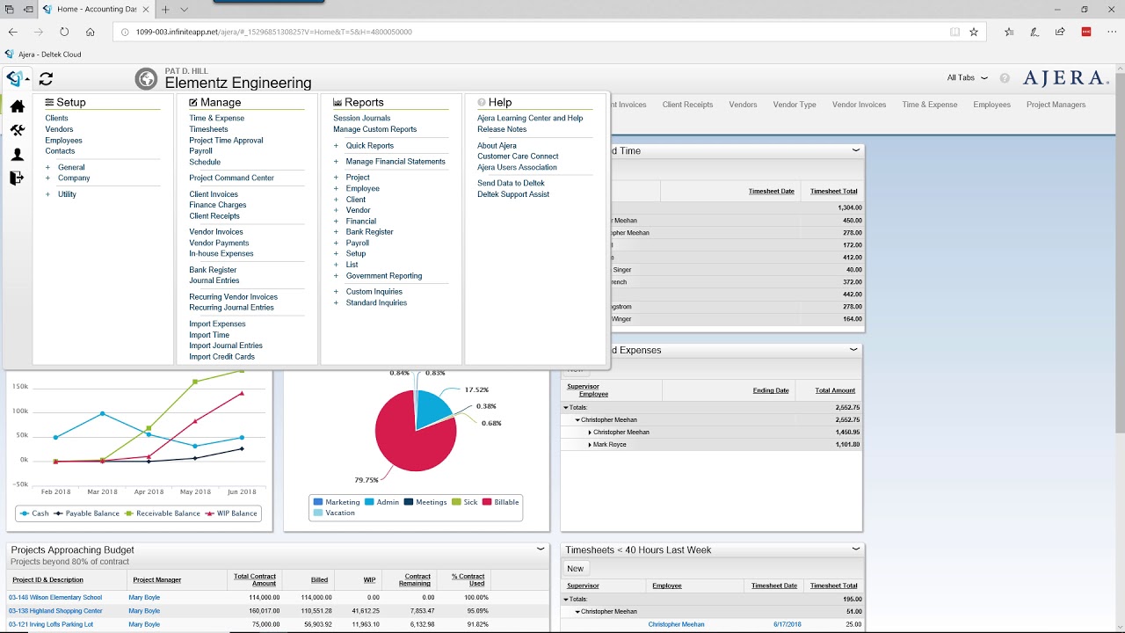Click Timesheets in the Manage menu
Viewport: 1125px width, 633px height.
[208, 129]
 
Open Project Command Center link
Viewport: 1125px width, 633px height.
[231, 178]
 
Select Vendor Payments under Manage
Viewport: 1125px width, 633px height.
[219, 243]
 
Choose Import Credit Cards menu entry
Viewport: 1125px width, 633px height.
[221, 357]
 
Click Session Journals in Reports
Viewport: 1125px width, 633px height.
[361, 118]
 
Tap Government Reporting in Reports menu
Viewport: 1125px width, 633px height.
[383, 276]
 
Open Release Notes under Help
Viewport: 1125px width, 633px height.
[502, 129]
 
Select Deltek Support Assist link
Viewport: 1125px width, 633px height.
[512, 194]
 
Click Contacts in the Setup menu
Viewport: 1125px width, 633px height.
[60, 151]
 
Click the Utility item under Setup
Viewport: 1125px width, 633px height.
[67, 194]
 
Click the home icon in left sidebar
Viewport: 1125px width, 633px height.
[17, 106]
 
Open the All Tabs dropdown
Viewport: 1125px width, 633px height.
[967, 78]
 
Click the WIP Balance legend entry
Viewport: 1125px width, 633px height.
[231, 513]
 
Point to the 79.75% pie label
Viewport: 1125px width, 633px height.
[366, 480]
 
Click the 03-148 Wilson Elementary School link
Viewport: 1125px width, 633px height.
[55, 598]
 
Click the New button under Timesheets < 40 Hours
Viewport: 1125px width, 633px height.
[575, 569]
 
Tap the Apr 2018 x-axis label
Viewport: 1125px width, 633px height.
[149, 492]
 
